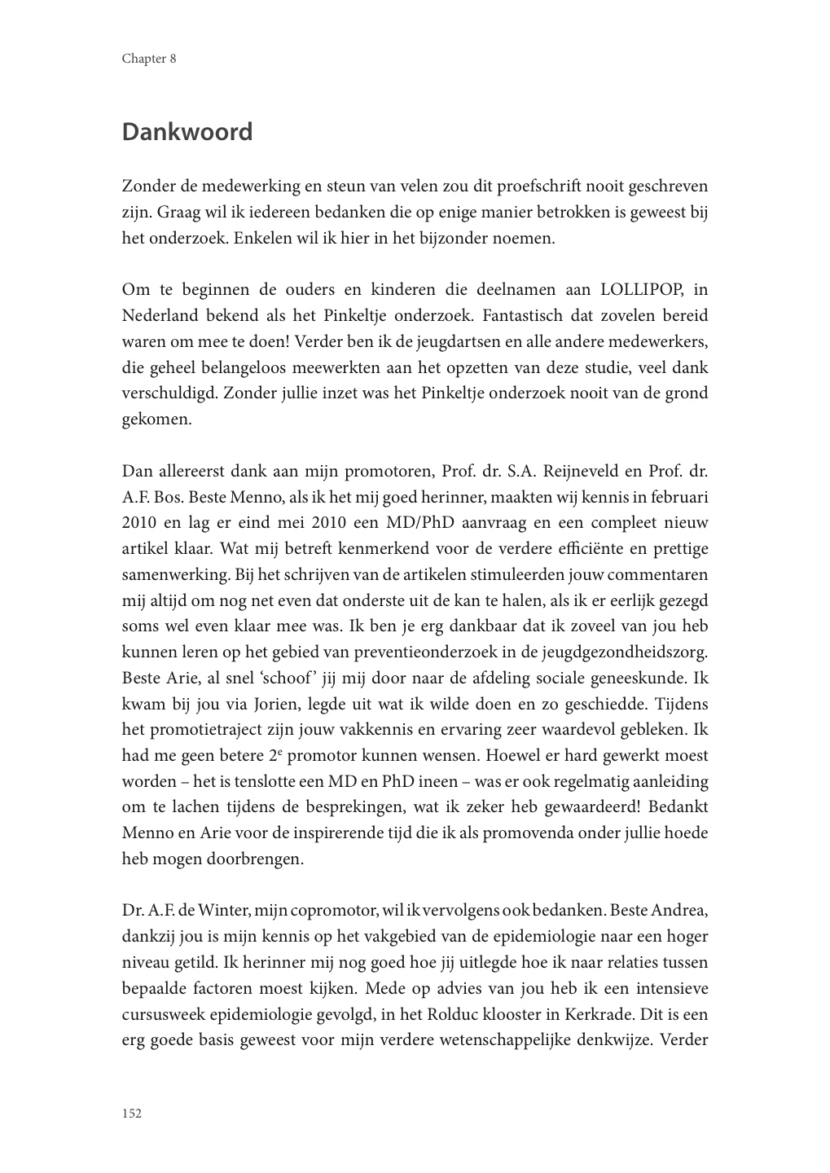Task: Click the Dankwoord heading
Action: point(187,132)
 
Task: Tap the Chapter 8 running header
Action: point(149,59)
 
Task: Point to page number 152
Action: point(132,1113)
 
